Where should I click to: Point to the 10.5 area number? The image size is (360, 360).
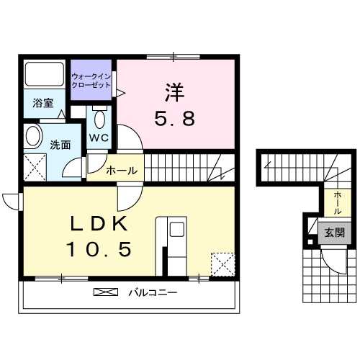point(99,250)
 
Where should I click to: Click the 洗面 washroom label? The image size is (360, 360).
point(59,144)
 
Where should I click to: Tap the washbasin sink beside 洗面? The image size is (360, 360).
point(32,136)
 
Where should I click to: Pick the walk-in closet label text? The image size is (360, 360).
point(91,80)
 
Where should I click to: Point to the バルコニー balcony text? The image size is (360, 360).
point(153,293)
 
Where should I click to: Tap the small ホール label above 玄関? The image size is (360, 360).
point(337,202)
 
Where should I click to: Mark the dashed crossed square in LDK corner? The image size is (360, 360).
point(222,264)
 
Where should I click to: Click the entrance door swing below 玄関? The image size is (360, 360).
point(333,259)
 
